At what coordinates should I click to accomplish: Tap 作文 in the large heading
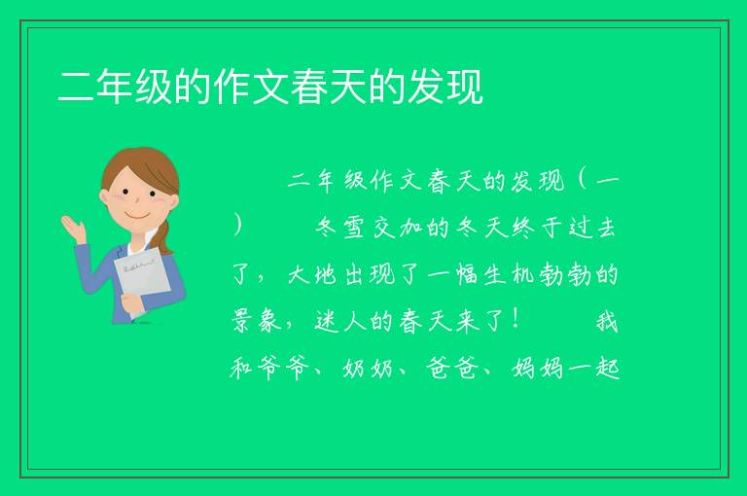click(x=251, y=87)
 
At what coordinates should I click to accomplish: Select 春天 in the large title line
click(x=329, y=87)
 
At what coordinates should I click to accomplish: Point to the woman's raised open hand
click(x=73, y=228)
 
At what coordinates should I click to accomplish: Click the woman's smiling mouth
click(x=138, y=217)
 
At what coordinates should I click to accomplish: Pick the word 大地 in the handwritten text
click(x=313, y=275)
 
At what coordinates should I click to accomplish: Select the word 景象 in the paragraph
click(x=257, y=321)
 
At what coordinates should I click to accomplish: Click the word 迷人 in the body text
click(x=341, y=321)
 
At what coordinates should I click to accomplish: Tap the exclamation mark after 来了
click(x=517, y=319)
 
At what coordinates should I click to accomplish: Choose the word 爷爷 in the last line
click(x=285, y=369)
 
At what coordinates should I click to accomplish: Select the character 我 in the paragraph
click(x=607, y=321)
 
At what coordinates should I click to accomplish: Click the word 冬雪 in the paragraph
click(x=340, y=228)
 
